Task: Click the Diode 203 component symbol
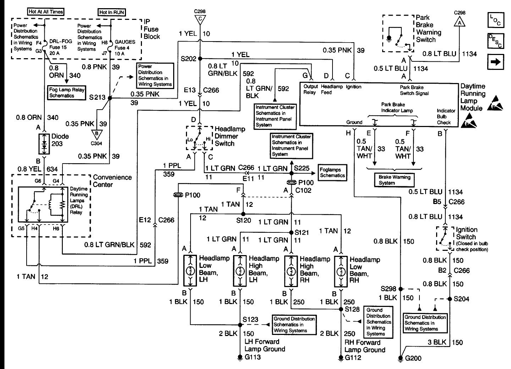click(44, 144)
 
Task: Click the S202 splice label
click(188, 59)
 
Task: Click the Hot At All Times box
click(46, 12)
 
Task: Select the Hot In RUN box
click(112, 12)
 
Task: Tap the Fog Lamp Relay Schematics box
click(66, 93)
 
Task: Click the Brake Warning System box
click(394, 180)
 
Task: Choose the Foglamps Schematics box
click(332, 173)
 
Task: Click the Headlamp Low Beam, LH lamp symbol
click(191, 271)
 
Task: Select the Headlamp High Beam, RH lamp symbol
click(291, 271)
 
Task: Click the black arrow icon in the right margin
click(496, 62)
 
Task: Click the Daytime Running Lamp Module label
click(473, 97)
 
